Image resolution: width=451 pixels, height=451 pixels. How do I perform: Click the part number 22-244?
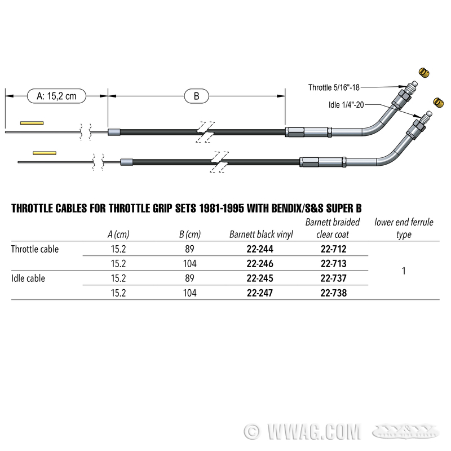[x=260, y=249]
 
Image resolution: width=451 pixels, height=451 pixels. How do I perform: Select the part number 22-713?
[x=334, y=264]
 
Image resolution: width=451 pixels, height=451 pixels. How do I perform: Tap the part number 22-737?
[x=334, y=278]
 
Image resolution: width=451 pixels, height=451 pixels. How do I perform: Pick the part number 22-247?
[x=260, y=293]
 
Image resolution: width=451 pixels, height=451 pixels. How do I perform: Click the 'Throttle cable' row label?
[x=35, y=249]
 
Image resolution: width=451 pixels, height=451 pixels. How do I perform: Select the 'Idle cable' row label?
[x=28, y=278]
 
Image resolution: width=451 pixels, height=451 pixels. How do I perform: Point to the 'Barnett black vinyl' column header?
[x=261, y=235]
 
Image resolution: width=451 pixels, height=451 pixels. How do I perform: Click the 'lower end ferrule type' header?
[x=404, y=228]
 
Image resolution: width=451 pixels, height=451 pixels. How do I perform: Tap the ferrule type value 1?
[x=404, y=271]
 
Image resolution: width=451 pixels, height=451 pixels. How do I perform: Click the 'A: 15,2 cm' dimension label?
[x=57, y=96]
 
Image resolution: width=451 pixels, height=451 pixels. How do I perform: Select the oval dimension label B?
[x=196, y=96]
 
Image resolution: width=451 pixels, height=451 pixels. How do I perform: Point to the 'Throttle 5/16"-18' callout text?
[x=334, y=87]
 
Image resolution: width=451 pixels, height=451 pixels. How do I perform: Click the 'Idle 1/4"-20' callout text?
[x=346, y=105]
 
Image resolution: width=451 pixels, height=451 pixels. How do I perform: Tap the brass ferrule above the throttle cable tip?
[x=424, y=73]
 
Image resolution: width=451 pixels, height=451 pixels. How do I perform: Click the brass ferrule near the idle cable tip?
[x=439, y=103]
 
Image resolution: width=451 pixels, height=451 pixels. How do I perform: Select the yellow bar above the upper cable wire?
[x=32, y=123]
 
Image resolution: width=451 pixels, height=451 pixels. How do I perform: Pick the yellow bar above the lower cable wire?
[x=45, y=153]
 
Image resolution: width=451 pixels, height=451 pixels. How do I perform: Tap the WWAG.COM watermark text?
[x=313, y=432]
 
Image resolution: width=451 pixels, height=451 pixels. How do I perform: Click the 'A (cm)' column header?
[x=118, y=235]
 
